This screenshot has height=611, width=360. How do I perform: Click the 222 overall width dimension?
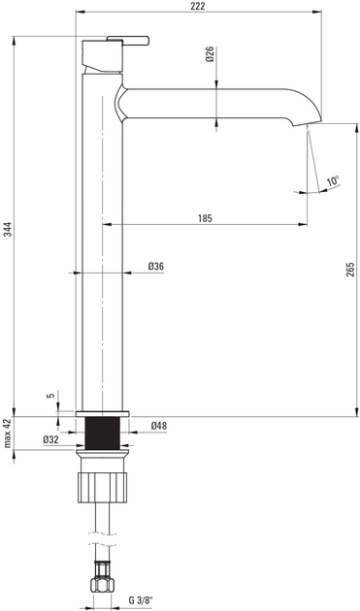(198, 7)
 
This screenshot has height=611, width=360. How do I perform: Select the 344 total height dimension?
(7, 229)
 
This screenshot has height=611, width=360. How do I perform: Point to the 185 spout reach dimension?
(205, 218)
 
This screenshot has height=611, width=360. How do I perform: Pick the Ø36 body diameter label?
(155, 266)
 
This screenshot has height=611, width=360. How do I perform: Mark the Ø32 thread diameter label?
(51, 439)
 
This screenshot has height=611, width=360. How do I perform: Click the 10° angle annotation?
(332, 181)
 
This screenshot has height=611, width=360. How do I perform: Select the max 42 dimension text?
(7, 435)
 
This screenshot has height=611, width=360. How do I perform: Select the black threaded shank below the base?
(102, 433)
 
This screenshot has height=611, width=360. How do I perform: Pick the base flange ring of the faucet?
(102, 411)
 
